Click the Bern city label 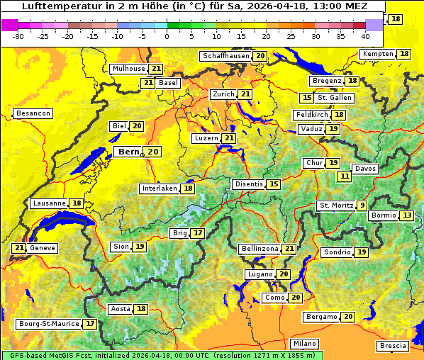(129, 152)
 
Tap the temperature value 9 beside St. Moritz (362, 206)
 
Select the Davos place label (365, 169)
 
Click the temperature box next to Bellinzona (289, 249)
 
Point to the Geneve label (43, 248)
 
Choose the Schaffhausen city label (226, 56)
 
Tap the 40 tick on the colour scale (365, 35)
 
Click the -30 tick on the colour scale (18, 35)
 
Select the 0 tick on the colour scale (167, 35)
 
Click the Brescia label (393, 346)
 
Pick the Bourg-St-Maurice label (49, 324)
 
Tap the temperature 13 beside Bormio (406, 215)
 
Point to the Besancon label (33, 113)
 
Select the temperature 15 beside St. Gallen (307, 98)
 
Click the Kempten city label (377, 54)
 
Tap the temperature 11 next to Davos (345, 176)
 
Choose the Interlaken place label (159, 189)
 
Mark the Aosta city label (121, 309)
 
